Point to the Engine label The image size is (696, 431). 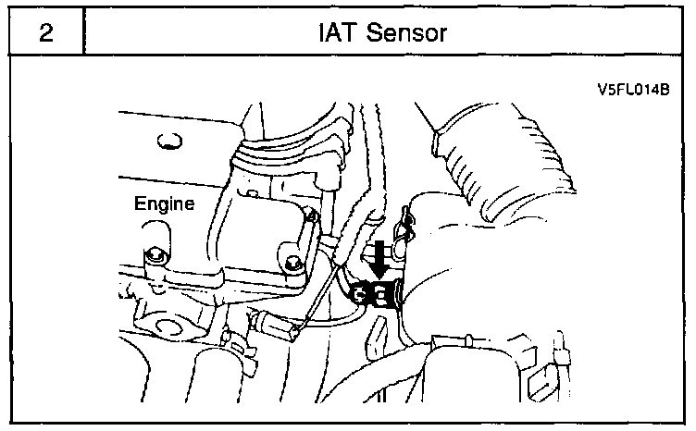(164, 204)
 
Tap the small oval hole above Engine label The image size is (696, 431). (168, 141)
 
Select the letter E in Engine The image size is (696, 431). (140, 203)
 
